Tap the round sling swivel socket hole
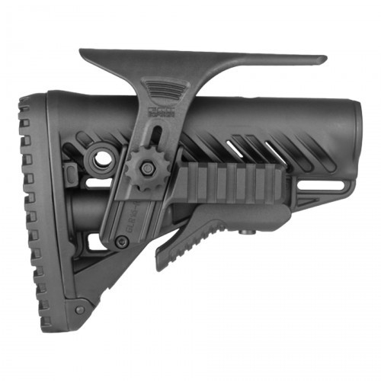(99, 159)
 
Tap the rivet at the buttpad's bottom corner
(80, 309)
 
